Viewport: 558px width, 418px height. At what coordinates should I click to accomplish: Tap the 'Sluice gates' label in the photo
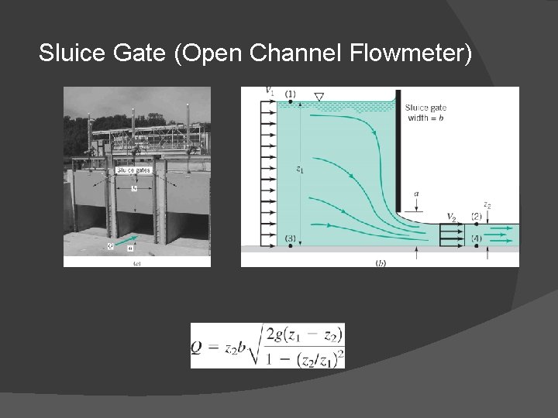click(x=133, y=170)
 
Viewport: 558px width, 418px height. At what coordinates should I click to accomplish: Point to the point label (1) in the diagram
click(x=290, y=94)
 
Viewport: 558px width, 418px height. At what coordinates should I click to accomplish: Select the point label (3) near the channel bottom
click(x=290, y=237)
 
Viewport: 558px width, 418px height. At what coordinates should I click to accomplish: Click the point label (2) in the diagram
click(x=477, y=217)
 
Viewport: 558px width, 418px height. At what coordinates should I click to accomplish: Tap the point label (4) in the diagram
click(x=477, y=238)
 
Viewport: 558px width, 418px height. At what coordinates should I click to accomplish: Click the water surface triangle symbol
click(x=319, y=97)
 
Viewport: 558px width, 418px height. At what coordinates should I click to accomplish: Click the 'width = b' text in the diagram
click(x=425, y=118)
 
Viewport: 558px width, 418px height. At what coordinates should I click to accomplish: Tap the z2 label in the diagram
click(x=487, y=204)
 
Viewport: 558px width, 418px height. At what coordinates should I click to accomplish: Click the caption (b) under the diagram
click(x=381, y=263)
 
